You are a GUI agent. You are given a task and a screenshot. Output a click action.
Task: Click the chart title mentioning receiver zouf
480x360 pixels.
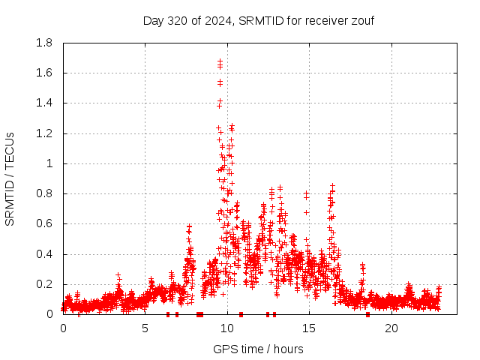pos(258,20)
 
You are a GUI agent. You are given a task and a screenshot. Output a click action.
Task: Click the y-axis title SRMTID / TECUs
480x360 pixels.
pos(10,178)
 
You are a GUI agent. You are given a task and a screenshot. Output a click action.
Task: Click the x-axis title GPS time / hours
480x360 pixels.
pos(258,349)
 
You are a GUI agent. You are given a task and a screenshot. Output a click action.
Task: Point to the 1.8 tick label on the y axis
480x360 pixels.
pos(44,43)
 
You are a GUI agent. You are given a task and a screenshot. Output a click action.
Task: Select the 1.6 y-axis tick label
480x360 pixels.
pos(44,73)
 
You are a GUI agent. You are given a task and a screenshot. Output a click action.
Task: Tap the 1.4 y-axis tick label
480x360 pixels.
pos(44,103)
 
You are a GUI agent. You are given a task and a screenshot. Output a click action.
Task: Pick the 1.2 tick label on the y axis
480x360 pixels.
pos(44,133)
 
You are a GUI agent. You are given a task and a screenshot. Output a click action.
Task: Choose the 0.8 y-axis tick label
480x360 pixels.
pos(44,193)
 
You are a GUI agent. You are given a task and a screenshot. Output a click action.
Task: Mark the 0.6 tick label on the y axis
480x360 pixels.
pos(44,223)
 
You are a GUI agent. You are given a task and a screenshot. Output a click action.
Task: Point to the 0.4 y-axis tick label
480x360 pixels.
pos(44,254)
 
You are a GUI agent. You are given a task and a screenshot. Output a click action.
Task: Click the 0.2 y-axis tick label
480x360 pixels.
pos(44,284)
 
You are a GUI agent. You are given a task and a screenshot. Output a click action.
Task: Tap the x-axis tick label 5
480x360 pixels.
pos(145,328)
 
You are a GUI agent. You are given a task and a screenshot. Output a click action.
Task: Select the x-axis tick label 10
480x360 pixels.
pos(227,328)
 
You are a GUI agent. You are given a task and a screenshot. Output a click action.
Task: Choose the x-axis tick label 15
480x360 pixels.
pos(309,328)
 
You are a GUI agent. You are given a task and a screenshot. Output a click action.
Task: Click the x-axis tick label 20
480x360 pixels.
pos(391,328)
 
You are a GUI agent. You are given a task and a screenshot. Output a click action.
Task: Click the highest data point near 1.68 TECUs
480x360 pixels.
pos(220,61)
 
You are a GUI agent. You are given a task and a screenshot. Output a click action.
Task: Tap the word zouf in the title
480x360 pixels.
pos(361,20)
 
